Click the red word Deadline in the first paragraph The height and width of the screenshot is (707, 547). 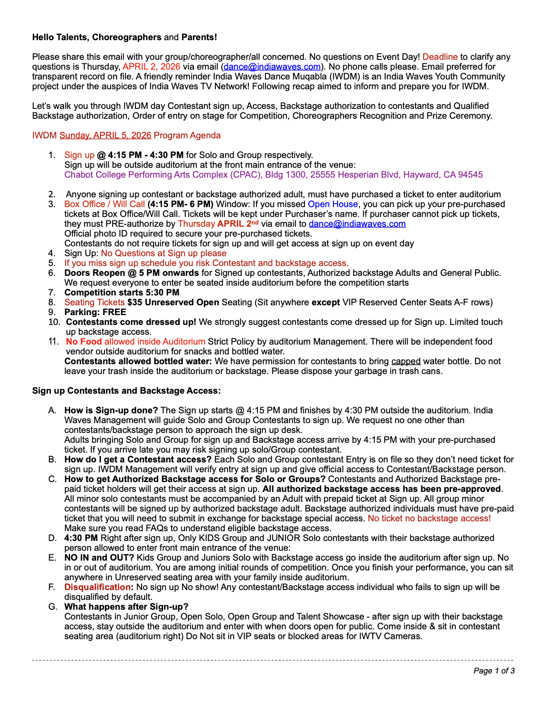pyautogui.click(x=440, y=57)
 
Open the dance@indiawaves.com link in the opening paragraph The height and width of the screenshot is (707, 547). pyautogui.click(x=272, y=67)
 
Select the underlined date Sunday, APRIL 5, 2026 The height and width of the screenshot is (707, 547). pyautogui.click(x=105, y=135)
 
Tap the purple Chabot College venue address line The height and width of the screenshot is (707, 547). pyautogui.click(x=273, y=175)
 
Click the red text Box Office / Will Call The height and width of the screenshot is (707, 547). pyautogui.click(x=105, y=204)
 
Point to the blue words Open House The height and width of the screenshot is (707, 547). pyautogui.click(x=333, y=204)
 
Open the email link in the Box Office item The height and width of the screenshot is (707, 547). pyautogui.click(x=357, y=224)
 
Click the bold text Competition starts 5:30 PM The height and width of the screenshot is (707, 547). pyautogui.click(x=122, y=292)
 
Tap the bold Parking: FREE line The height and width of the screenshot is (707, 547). pyautogui.click(x=95, y=312)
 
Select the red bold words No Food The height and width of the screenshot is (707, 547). pyautogui.click(x=84, y=341)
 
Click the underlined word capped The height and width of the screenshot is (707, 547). pyautogui.click(x=406, y=361)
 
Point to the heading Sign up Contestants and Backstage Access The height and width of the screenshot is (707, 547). pyautogui.click(x=126, y=391)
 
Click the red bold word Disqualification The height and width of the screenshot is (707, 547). pyautogui.click(x=98, y=587)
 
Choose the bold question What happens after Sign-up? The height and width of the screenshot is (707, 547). pyautogui.click(x=126, y=607)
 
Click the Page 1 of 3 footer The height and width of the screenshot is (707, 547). pyautogui.click(x=493, y=670)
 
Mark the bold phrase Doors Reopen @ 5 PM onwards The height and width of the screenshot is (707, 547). pyautogui.click(x=131, y=273)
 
